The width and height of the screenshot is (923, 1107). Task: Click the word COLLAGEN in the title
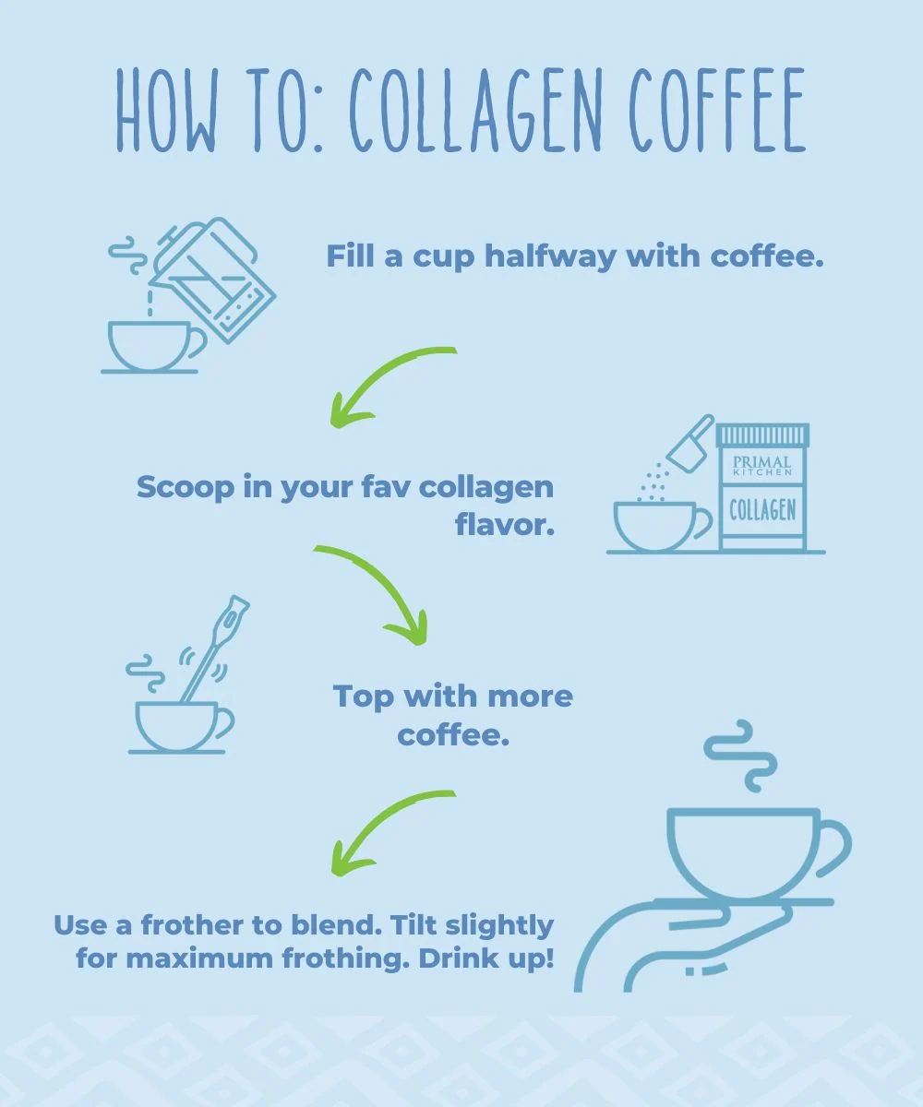point(476,110)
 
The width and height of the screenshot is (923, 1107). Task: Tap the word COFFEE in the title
point(718,110)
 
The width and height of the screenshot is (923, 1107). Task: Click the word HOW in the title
point(166,110)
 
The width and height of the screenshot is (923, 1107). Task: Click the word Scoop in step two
point(186,487)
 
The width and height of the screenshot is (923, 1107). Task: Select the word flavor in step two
point(505,525)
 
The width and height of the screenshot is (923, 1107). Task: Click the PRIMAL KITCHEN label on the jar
point(762,466)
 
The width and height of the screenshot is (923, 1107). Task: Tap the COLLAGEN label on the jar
point(762,510)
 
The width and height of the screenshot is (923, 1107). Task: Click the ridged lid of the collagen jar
point(762,435)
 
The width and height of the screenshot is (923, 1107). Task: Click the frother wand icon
point(215,649)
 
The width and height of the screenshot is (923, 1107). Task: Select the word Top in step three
point(364,696)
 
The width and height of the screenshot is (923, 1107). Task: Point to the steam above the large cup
point(740,756)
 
